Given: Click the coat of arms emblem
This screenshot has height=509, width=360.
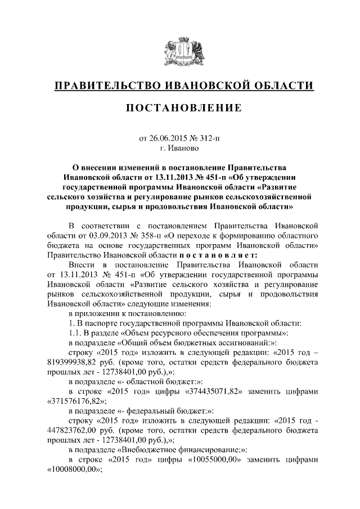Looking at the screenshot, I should pyautogui.click(x=180, y=52).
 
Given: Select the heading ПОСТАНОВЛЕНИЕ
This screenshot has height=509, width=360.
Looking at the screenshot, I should pyautogui.click(x=180, y=108).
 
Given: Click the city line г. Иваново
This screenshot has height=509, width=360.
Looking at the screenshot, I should pyautogui.click(x=180, y=147).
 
